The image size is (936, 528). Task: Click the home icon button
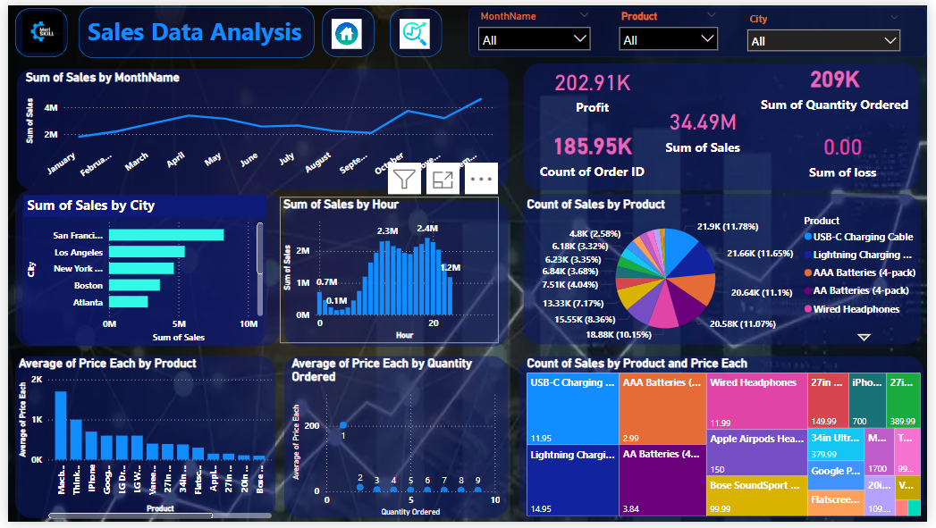tap(347, 33)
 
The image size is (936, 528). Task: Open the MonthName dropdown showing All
tap(535, 39)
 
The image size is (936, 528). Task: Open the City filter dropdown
tap(822, 41)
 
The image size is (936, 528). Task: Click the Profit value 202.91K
tap(592, 83)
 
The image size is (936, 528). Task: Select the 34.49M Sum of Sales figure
tap(703, 122)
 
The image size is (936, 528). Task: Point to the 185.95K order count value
tap(592, 147)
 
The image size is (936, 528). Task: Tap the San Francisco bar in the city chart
tap(165, 235)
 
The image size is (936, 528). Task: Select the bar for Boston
tap(134, 285)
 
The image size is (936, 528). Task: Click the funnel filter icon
tap(405, 179)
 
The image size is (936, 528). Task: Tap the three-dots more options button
tap(481, 179)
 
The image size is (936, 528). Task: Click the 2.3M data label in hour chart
tap(387, 230)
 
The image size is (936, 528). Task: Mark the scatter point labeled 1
tap(343, 425)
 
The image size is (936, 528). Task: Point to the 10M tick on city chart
tap(249, 323)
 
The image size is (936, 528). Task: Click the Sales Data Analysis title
tap(195, 33)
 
